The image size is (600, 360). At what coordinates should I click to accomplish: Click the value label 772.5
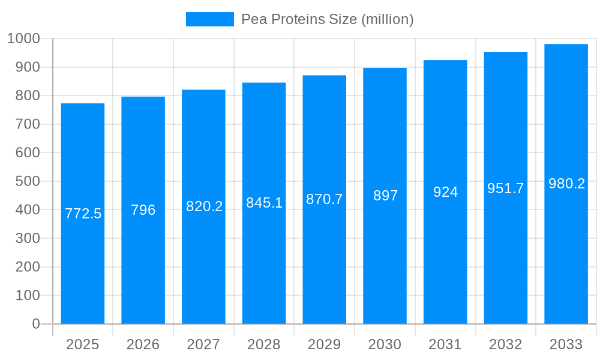83,214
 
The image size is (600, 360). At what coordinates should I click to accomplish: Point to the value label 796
143,210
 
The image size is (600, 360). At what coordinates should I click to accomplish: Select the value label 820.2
204,206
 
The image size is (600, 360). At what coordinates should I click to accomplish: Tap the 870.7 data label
324,199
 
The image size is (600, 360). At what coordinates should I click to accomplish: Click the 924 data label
445,192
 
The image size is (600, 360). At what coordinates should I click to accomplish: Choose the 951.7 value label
505,188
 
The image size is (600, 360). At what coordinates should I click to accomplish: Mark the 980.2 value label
566,184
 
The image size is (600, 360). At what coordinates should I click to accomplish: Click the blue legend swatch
209,19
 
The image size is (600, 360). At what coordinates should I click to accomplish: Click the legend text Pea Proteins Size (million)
327,19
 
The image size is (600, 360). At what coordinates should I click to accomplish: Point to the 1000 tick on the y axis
23,38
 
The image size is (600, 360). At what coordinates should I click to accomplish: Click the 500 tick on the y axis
28,181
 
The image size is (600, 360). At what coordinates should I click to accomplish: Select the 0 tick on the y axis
35,324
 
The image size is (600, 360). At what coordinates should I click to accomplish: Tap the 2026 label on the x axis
143,344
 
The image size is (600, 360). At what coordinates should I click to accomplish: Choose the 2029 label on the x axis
324,344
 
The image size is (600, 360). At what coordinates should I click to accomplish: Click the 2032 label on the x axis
505,344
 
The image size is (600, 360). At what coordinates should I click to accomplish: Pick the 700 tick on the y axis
28,124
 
